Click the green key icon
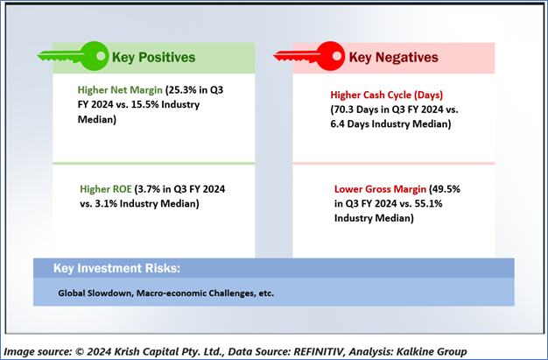coord(73,56)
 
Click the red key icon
coord(309,56)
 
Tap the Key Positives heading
coord(153,58)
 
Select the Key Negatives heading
coord(394,58)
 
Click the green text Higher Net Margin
coord(120,90)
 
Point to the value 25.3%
coord(182,90)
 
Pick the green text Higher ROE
coord(106,189)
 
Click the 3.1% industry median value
coord(106,203)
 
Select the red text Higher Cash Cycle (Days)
coord(387,95)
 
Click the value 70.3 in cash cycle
coord(344,109)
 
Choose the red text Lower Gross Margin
coord(380,189)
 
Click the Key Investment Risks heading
coord(116,268)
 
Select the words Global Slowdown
coord(95,293)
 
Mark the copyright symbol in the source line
coord(80,351)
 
